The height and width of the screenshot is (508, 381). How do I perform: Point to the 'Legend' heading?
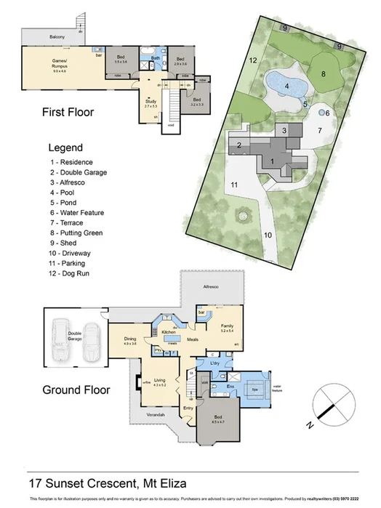coord(65,147)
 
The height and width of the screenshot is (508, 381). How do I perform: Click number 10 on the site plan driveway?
coord(267,235)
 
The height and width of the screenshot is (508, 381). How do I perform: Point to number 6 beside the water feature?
coord(327,113)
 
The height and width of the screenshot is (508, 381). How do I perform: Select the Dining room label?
coord(129,340)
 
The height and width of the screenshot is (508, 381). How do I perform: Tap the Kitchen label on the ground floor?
coord(169,331)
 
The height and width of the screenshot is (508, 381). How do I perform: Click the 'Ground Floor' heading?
coord(76,390)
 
